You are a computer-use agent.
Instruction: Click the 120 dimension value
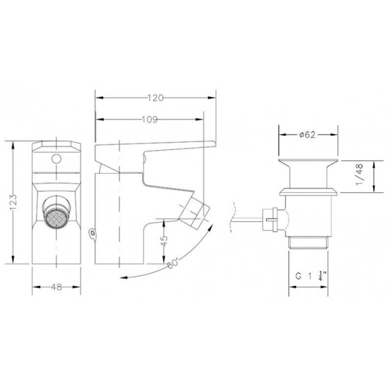pyautogui.click(x=156, y=98)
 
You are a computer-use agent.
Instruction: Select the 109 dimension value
pyautogui.click(x=150, y=120)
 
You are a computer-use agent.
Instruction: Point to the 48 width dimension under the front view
pyautogui.click(x=57, y=287)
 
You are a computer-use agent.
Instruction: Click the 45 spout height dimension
pyautogui.click(x=164, y=241)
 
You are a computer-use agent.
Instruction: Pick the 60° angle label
pyautogui.click(x=173, y=263)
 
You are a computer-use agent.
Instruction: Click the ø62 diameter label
pyautogui.click(x=307, y=135)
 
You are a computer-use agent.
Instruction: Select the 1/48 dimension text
pyautogui.click(x=359, y=174)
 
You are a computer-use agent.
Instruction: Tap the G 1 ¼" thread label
pyautogui.click(x=311, y=276)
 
